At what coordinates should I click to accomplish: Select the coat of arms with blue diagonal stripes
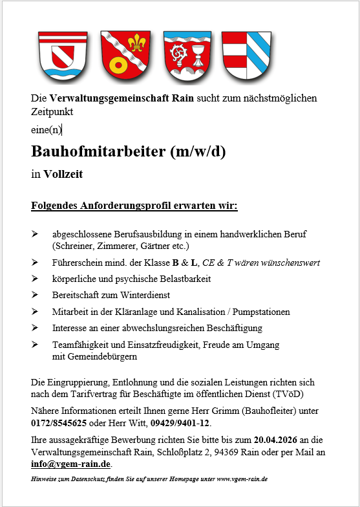[246, 55]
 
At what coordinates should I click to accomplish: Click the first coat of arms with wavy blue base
[63, 55]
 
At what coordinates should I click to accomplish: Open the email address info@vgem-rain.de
[71, 464]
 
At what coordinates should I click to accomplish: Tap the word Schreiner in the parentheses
[72, 246]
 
